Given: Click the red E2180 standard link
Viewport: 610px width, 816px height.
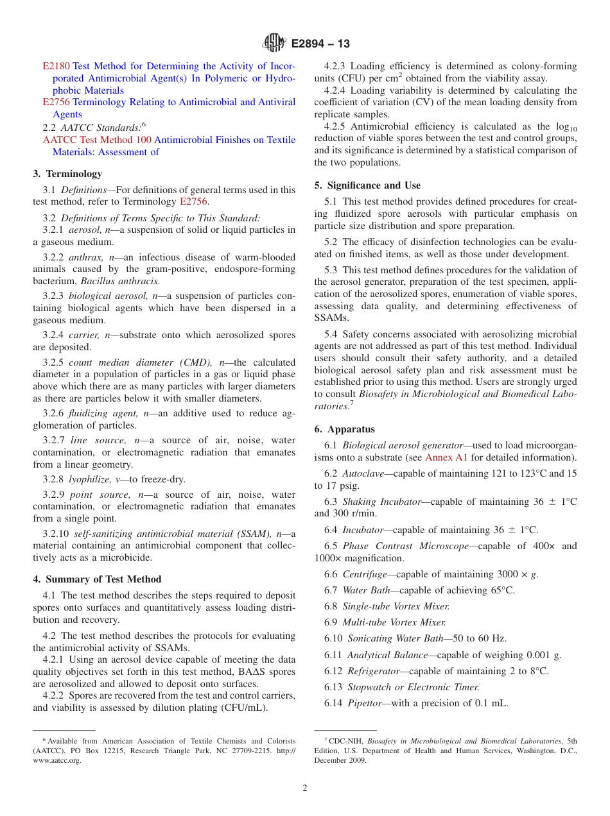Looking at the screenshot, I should pos(56,66).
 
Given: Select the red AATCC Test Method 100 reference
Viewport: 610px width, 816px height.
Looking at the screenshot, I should pos(97,140).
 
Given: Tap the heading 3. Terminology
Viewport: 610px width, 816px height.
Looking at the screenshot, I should pos(67,174).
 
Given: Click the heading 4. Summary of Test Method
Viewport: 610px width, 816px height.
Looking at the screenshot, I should pos(97,579).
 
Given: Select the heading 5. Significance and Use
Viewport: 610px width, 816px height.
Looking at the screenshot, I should pos(367,185).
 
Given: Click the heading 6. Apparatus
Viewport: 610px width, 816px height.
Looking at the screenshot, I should pos(344,429).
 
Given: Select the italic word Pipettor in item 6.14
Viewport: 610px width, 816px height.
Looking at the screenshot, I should pos(365,703).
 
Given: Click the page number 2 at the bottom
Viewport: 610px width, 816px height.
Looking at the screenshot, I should pos(305,788).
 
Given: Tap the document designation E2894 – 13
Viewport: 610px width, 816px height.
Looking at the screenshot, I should pos(320,44).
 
